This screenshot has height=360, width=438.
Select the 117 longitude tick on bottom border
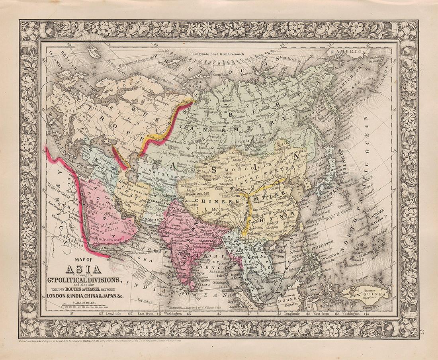tap(72, 314)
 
